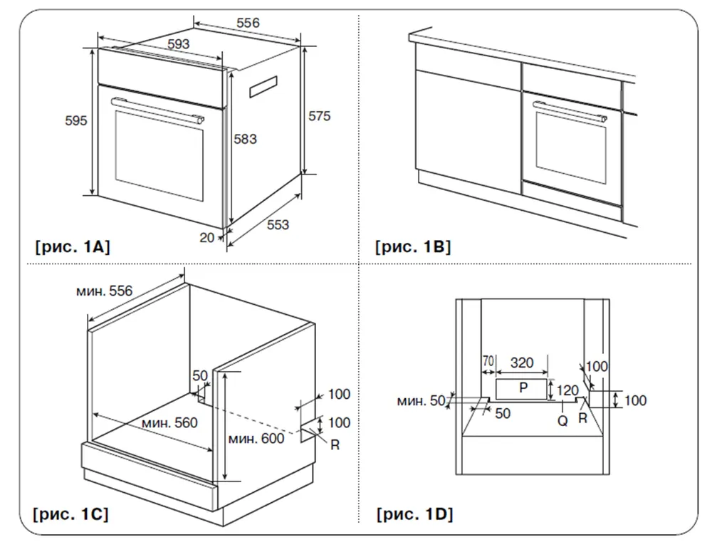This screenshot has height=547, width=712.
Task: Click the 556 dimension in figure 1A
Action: tap(248, 23)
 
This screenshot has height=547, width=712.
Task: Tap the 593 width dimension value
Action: tap(178, 44)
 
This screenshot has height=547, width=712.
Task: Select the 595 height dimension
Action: tap(76, 121)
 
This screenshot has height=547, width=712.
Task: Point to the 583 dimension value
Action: tap(245, 140)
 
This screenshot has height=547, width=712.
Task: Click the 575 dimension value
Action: tap(319, 116)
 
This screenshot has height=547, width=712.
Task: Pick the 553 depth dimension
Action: tap(278, 225)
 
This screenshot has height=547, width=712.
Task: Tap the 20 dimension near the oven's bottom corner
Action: tap(206, 238)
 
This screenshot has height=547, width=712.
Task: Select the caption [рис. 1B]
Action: tap(413, 247)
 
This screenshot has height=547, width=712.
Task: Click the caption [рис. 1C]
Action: tap(70, 514)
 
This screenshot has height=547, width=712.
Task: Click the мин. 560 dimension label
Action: tap(169, 423)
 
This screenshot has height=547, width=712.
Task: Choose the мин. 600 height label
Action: tap(256, 438)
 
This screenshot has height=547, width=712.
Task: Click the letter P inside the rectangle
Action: tap(523, 388)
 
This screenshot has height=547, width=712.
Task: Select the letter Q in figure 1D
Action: tap(562, 420)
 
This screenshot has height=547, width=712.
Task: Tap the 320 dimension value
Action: tap(522, 363)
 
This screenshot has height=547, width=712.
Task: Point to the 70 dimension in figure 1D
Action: tap(488, 363)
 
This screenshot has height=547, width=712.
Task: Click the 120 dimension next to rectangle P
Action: tap(567, 390)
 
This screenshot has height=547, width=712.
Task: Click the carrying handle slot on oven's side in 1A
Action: tap(263, 86)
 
